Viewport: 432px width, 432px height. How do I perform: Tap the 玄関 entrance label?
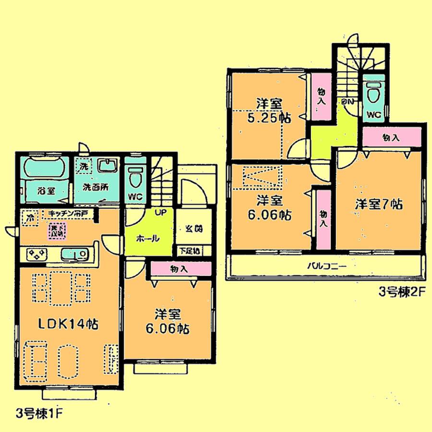click(x=192, y=228)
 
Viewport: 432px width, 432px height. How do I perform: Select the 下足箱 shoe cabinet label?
click(x=191, y=251)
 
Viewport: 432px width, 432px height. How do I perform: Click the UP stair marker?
click(x=160, y=212)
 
